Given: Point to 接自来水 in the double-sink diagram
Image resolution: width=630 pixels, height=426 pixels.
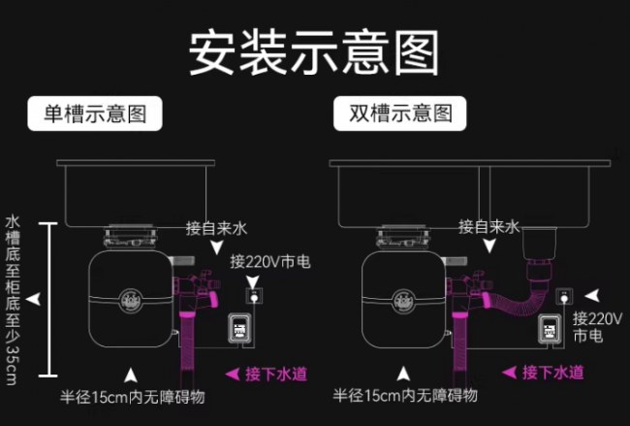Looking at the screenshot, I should (x=488, y=227).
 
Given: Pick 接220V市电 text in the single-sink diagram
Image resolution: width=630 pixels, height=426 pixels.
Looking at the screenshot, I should (x=264, y=261).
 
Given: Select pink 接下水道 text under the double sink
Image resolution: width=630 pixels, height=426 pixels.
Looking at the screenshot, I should (x=552, y=372).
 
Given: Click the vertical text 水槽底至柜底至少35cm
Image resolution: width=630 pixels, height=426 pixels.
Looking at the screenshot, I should (x=12, y=299).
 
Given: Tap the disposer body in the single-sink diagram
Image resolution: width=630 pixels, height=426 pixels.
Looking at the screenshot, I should (x=129, y=296).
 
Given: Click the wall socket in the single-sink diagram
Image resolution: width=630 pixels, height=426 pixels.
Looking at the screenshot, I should (x=254, y=291).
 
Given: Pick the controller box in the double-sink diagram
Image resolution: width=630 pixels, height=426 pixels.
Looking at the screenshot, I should (x=549, y=330).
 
